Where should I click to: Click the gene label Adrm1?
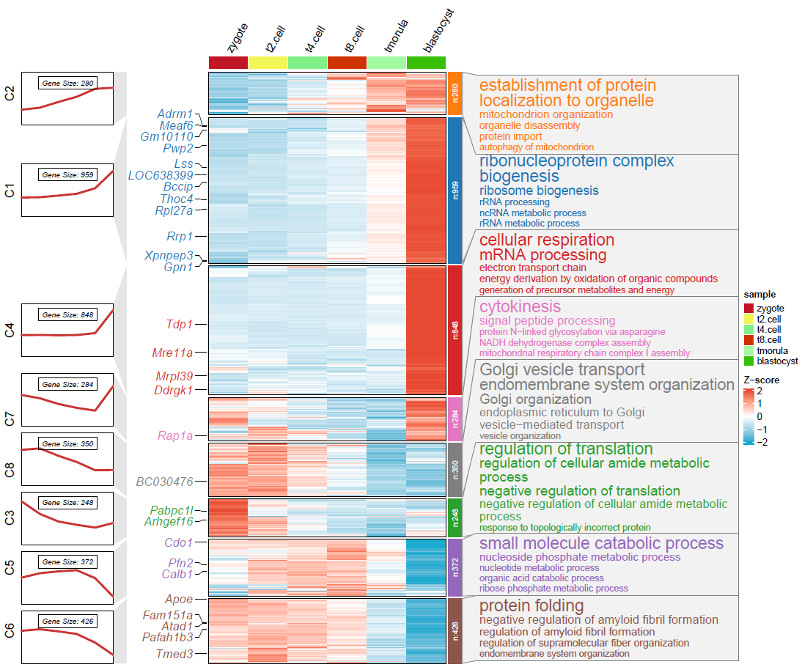pos(174,114)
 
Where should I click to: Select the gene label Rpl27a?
pos(169,211)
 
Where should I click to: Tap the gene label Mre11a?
pos(172,353)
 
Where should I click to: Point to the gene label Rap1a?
pos(175,435)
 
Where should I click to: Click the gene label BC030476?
pos(164,482)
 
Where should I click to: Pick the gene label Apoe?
pos(179,599)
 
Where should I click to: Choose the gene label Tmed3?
pos(174,654)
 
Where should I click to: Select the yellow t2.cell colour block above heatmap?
pos(268,63)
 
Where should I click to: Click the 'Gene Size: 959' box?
pos(67,175)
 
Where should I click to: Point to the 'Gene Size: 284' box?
pos(67,384)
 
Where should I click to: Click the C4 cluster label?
pos(10,331)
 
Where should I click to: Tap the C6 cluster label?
pos(10,630)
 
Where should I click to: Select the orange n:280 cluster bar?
pos(455,93)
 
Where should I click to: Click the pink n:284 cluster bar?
pos(455,419)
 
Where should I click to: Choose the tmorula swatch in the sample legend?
pos(748,350)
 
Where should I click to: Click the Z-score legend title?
pos(761,380)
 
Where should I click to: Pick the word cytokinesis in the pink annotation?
pos(520,306)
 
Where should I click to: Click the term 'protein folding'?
pos(531,606)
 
